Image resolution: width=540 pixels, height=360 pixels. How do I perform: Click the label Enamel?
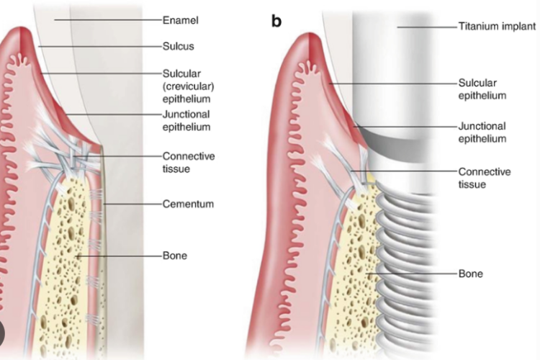[x=181, y=20]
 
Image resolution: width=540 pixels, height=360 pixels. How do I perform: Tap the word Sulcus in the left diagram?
[x=178, y=46]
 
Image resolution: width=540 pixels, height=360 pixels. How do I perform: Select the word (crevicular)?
[x=188, y=86]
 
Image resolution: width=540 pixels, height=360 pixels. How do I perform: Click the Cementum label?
[x=188, y=204]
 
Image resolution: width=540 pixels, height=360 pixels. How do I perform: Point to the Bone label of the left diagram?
[x=175, y=256]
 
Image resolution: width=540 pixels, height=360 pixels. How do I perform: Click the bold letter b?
[x=276, y=21]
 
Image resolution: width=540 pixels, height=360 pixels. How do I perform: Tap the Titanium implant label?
[x=497, y=26]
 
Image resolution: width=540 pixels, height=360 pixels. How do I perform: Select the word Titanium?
[x=477, y=26]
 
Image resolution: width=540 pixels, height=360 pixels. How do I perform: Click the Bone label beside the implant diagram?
[x=470, y=274]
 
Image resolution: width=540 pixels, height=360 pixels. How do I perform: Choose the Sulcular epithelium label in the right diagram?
[x=482, y=89]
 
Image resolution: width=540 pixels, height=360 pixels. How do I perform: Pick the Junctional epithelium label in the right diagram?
[x=482, y=132]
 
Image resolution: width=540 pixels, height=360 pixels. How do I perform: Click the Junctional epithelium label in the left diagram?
[x=186, y=120]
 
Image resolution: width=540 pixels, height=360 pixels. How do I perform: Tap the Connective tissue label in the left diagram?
[x=189, y=162]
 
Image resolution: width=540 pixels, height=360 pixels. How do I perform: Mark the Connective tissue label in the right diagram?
[x=485, y=178]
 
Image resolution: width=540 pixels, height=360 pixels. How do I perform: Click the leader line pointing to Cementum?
[x=132, y=204]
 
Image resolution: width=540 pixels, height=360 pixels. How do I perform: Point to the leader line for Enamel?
[x=108, y=20]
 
